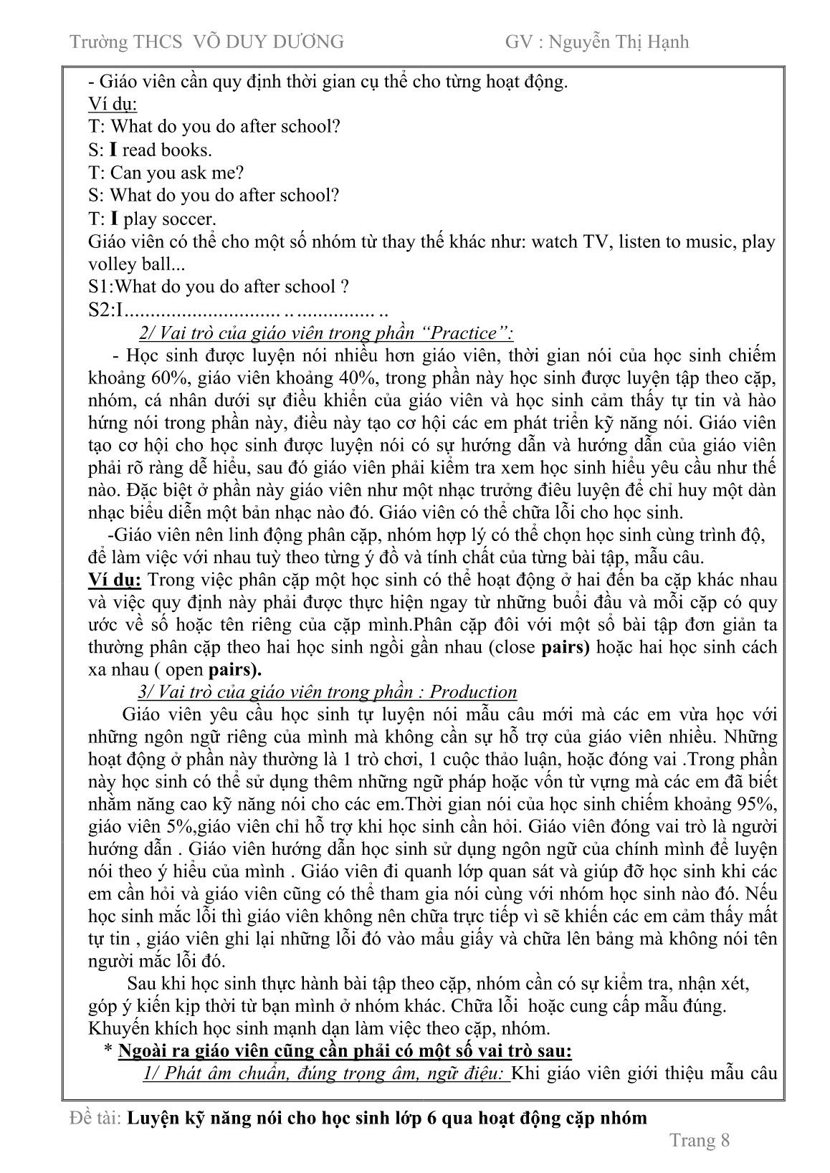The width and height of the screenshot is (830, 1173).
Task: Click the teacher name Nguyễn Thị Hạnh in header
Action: coord(618,42)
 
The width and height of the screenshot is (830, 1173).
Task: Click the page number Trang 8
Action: coord(699,1140)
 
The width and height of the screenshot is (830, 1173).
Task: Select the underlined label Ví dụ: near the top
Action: coord(113,104)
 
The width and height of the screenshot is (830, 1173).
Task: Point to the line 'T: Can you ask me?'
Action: coord(166,173)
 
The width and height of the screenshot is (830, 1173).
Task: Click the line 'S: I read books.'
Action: coord(151,150)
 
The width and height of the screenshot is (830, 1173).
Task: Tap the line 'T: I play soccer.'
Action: coord(152,219)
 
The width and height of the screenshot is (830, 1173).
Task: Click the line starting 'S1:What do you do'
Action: coord(219,287)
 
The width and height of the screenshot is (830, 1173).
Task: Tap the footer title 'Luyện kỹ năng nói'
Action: coord(387,1118)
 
